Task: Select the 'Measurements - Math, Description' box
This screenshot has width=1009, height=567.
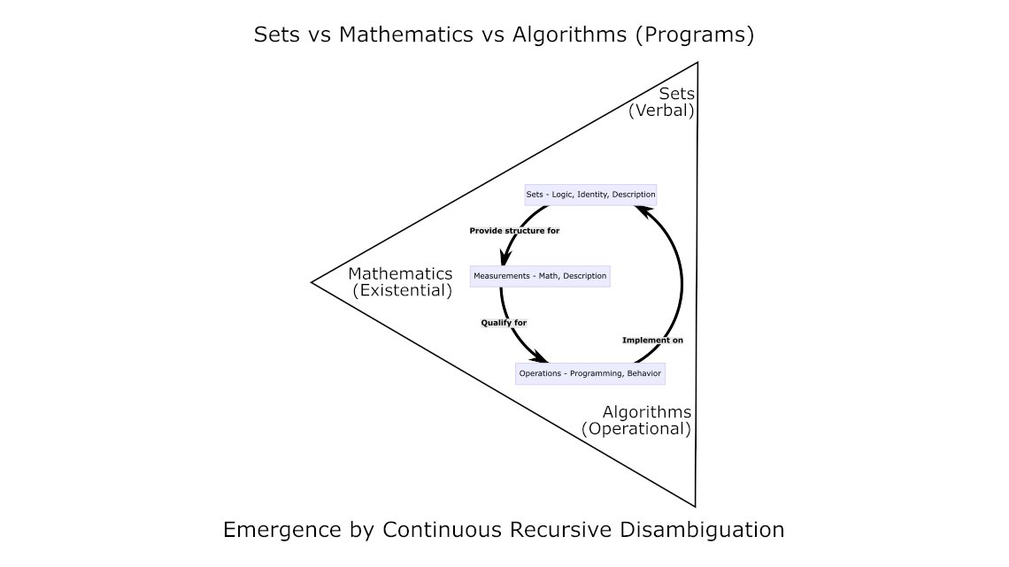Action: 540,276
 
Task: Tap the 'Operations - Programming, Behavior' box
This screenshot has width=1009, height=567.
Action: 589,373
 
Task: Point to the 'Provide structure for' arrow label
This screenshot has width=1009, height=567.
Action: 514,231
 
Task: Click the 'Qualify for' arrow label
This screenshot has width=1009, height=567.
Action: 504,323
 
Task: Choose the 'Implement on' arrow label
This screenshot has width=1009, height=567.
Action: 652,340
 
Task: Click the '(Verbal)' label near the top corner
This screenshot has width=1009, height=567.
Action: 661,111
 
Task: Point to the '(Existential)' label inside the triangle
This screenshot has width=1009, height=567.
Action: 402,290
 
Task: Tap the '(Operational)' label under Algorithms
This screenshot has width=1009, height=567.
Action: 635,429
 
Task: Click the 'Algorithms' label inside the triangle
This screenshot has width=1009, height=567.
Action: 647,412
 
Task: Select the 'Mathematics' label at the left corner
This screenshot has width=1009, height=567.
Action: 400,274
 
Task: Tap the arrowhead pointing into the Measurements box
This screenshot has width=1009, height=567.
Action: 503,259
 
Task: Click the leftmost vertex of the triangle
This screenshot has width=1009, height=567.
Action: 312,282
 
